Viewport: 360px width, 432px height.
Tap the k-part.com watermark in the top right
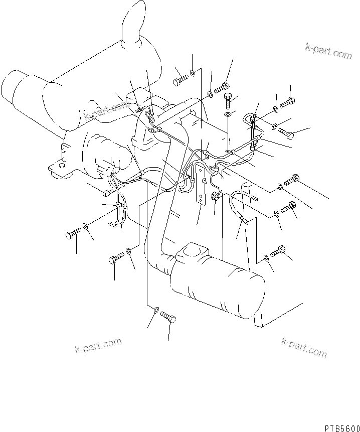328,51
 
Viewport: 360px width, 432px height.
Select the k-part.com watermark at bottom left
98,346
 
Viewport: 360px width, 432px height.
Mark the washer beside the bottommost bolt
156,312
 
